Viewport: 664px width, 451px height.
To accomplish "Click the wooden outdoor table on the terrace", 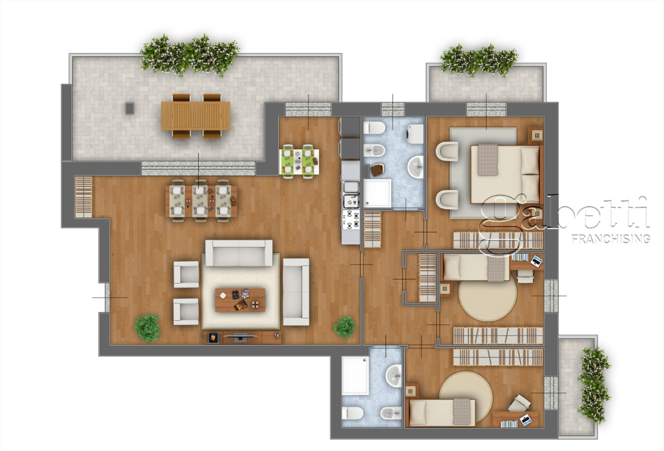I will pyautogui.click(x=196, y=116).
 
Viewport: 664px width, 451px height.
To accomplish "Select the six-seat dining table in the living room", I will pyautogui.click(x=200, y=200).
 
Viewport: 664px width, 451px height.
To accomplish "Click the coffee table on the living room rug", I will pyautogui.click(x=240, y=299).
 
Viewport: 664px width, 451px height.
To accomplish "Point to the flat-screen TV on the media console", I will pyautogui.click(x=240, y=336).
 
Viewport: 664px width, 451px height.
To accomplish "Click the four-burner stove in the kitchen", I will pyautogui.click(x=350, y=220).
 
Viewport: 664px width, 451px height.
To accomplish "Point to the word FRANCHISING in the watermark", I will pyautogui.click(x=609, y=239).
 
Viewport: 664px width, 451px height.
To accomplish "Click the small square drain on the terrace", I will pyautogui.click(x=130, y=108).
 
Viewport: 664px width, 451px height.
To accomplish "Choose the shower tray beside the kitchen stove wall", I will pyautogui.click(x=378, y=194).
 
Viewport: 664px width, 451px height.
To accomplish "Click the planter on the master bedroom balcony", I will pyautogui.click(x=479, y=60).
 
